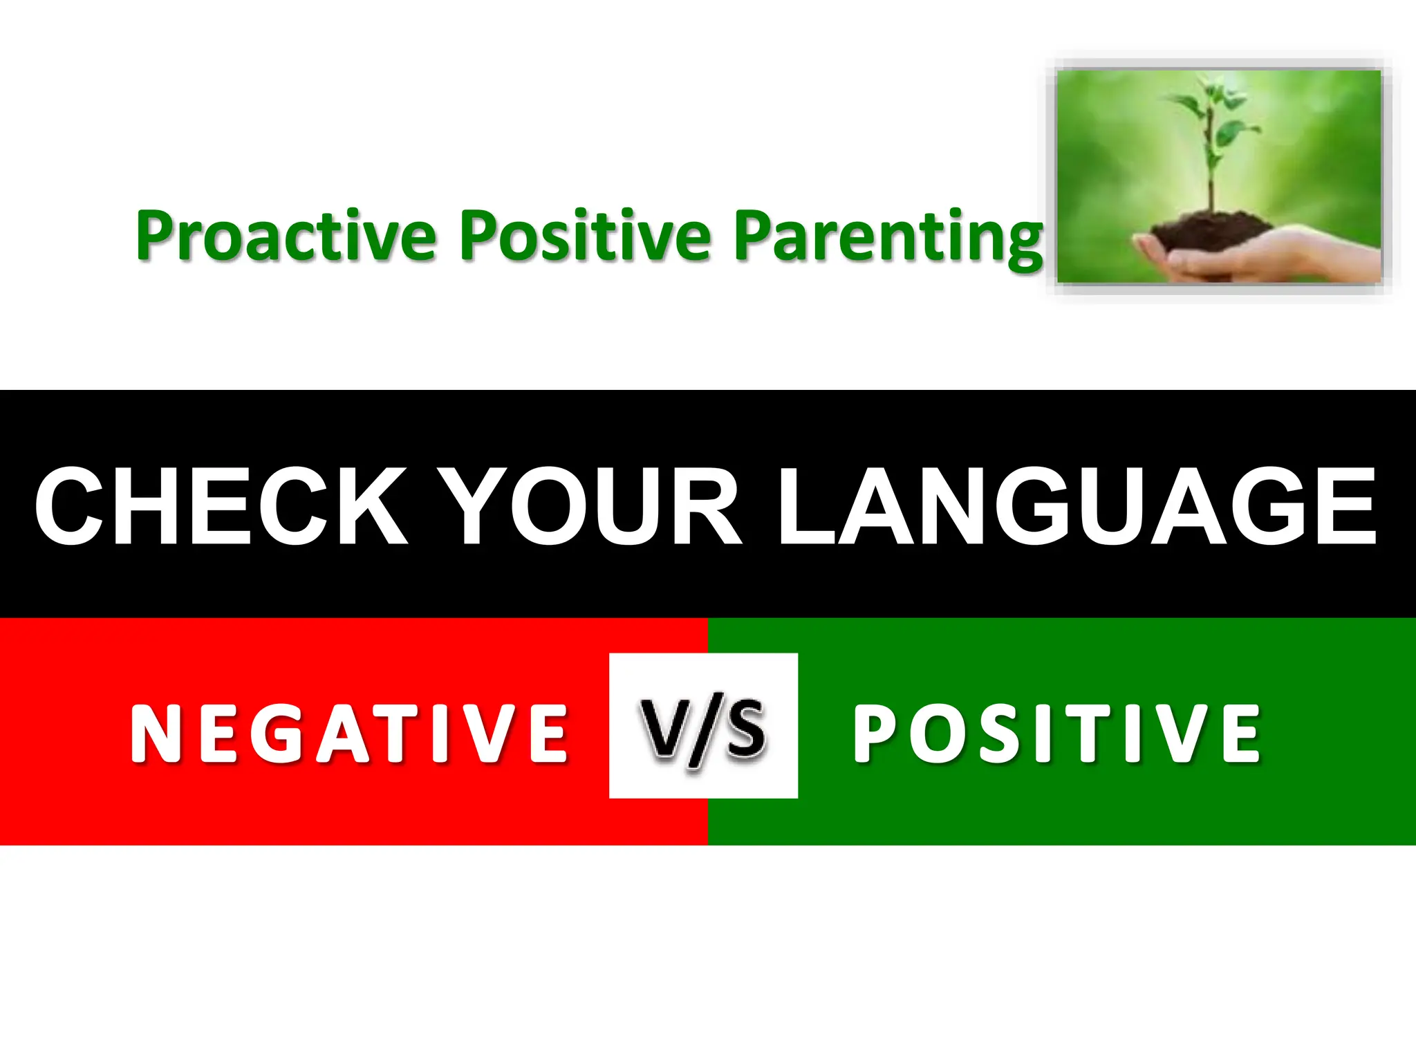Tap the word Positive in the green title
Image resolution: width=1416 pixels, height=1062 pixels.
coord(585,236)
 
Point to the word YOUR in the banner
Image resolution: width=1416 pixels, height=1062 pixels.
coord(592,506)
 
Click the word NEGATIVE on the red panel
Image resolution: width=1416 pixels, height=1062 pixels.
coord(350,734)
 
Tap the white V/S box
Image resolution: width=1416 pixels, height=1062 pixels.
coord(703,725)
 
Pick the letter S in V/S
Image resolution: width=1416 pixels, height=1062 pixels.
coord(747,729)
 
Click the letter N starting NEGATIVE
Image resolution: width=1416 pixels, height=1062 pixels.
coord(156,734)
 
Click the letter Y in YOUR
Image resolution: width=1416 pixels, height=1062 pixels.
coord(477,506)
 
